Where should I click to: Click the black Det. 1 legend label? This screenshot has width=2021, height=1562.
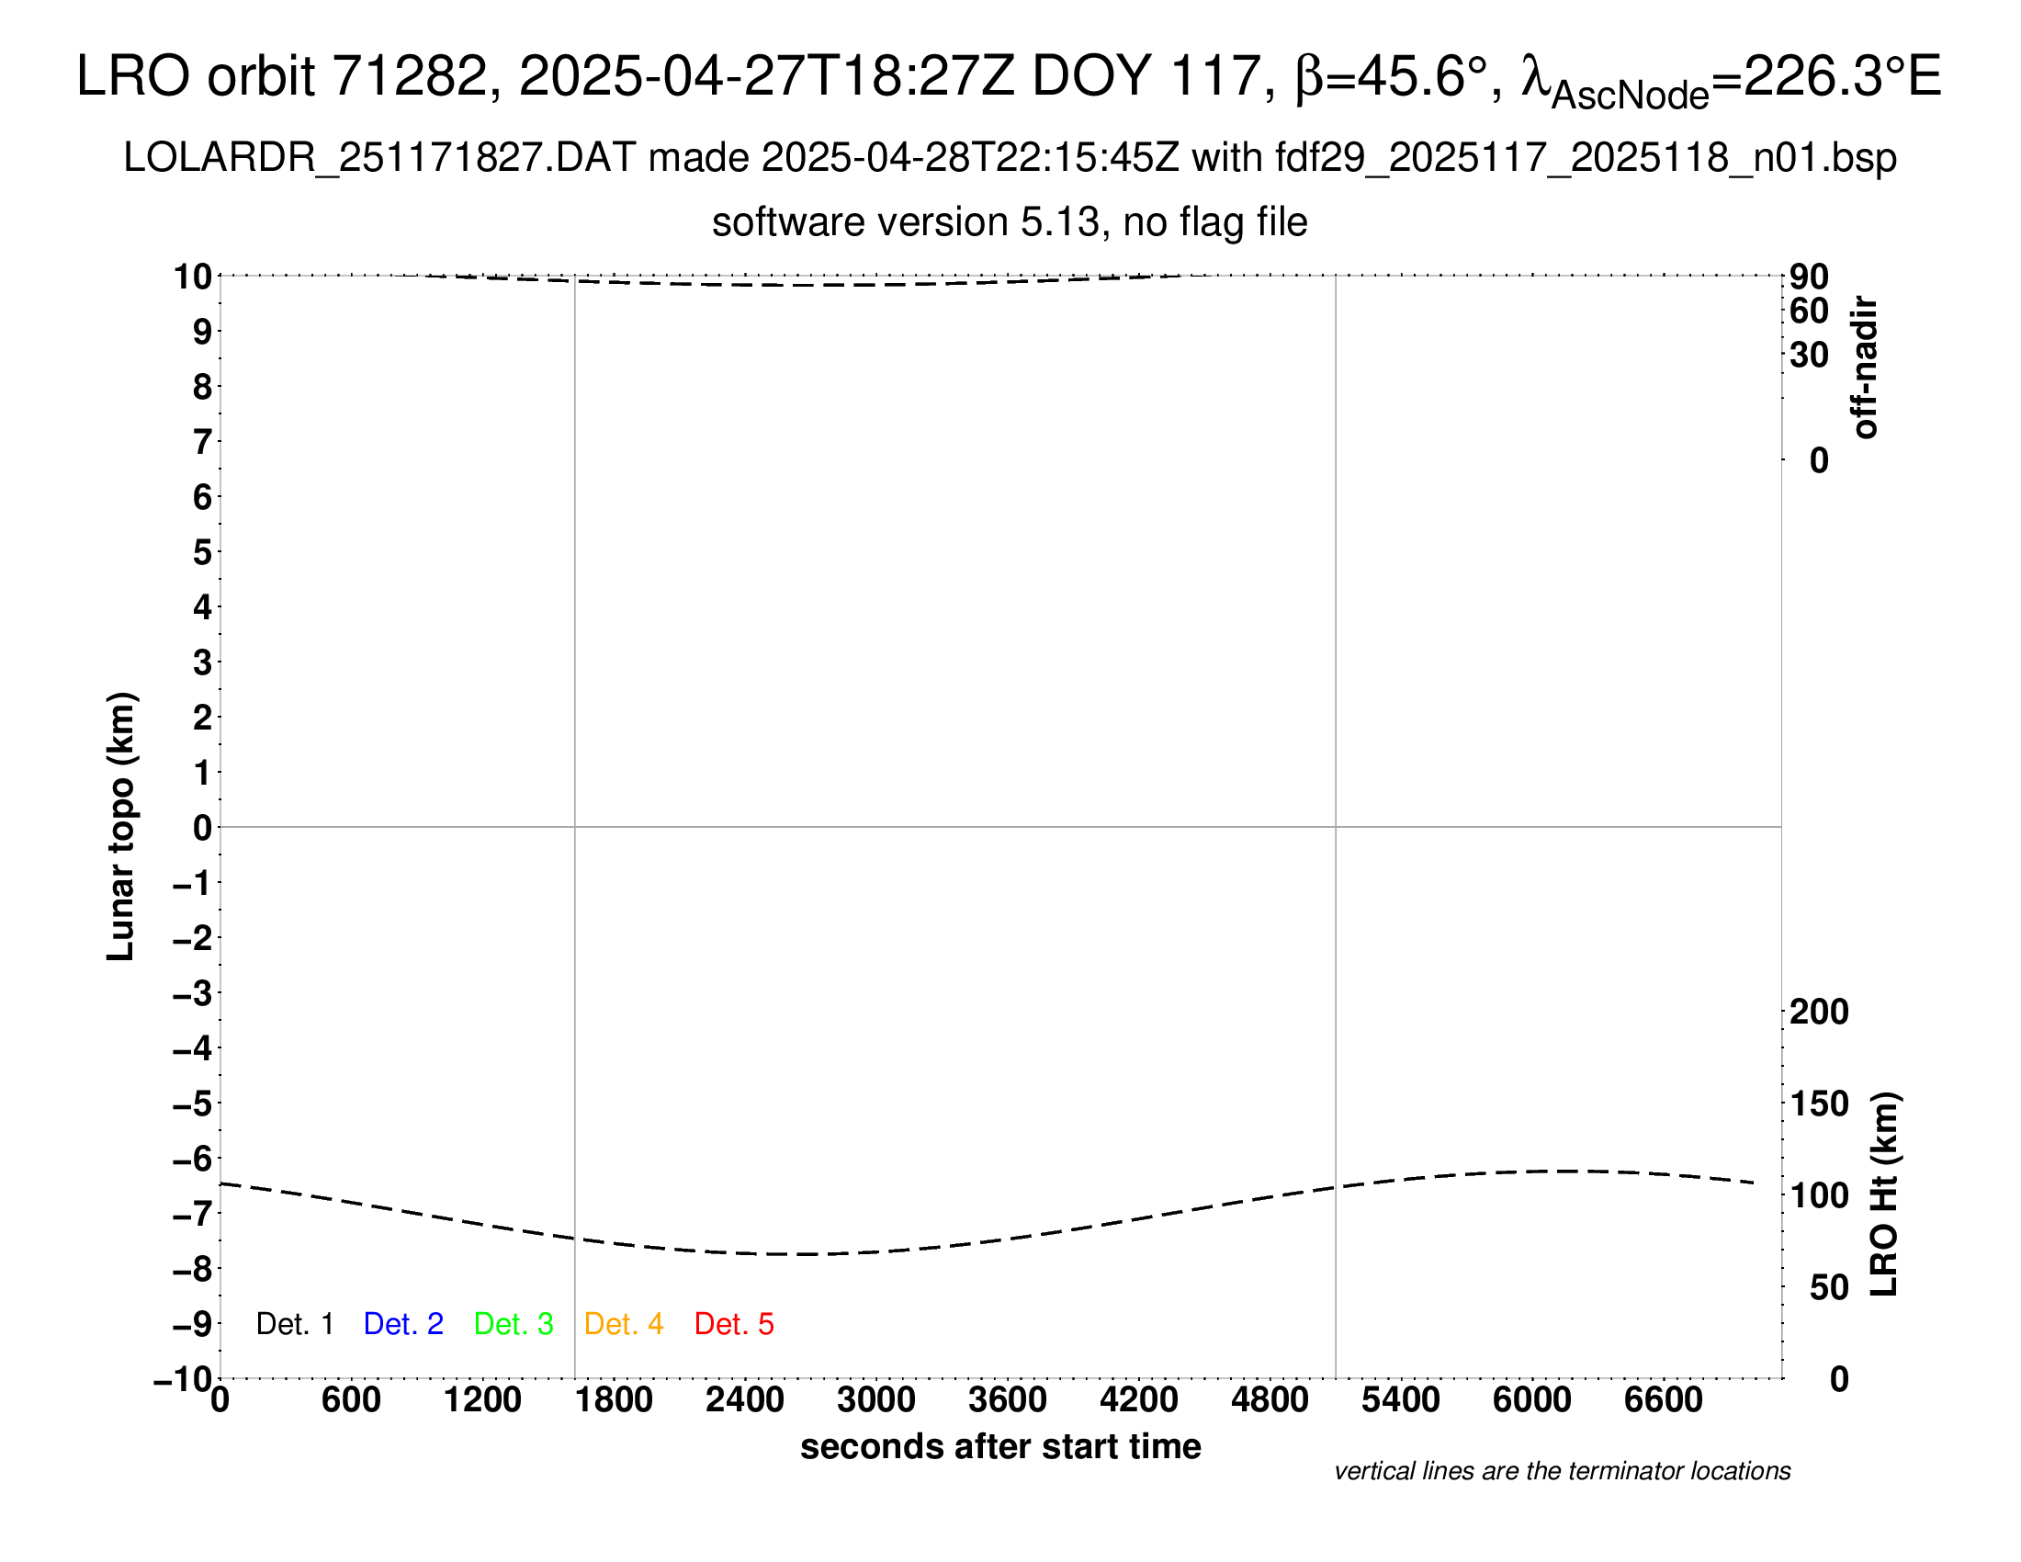(x=294, y=1324)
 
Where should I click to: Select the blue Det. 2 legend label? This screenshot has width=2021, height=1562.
(x=403, y=1324)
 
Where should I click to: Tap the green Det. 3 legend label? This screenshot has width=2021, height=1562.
(x=514, y=1324)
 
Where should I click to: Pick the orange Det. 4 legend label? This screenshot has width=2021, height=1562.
(x=624, y=1324)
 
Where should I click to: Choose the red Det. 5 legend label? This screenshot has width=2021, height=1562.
(x=734, y=1324)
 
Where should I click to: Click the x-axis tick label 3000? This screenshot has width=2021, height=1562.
(x=875, y=1400)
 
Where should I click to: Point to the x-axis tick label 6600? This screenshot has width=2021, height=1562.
(x=1663, y=1400)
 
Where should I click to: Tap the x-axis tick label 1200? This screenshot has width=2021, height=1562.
(x=482, y=1400)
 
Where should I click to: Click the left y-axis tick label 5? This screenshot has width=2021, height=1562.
(x=202, y=552)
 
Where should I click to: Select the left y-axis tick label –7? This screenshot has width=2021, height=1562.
(x=192, y=1213)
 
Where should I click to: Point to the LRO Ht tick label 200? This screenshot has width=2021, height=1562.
(x=1818, y=1012)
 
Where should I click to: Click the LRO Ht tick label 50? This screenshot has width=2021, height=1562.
(x=1828, y=1287)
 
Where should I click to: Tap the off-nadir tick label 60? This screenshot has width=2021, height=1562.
(x=1809, y=311)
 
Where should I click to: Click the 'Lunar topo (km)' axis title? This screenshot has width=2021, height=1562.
(x=121, y=826)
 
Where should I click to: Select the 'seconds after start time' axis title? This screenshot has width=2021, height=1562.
(x=1000, y=1446)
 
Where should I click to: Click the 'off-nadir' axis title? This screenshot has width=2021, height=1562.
(x=1865, y=368)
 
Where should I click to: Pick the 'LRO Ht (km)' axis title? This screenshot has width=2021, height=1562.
(x=1884, y=1194)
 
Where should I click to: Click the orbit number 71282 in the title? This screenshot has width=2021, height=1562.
(x=409, y=76)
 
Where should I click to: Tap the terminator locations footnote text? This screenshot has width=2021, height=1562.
(x=1562, y=1471)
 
